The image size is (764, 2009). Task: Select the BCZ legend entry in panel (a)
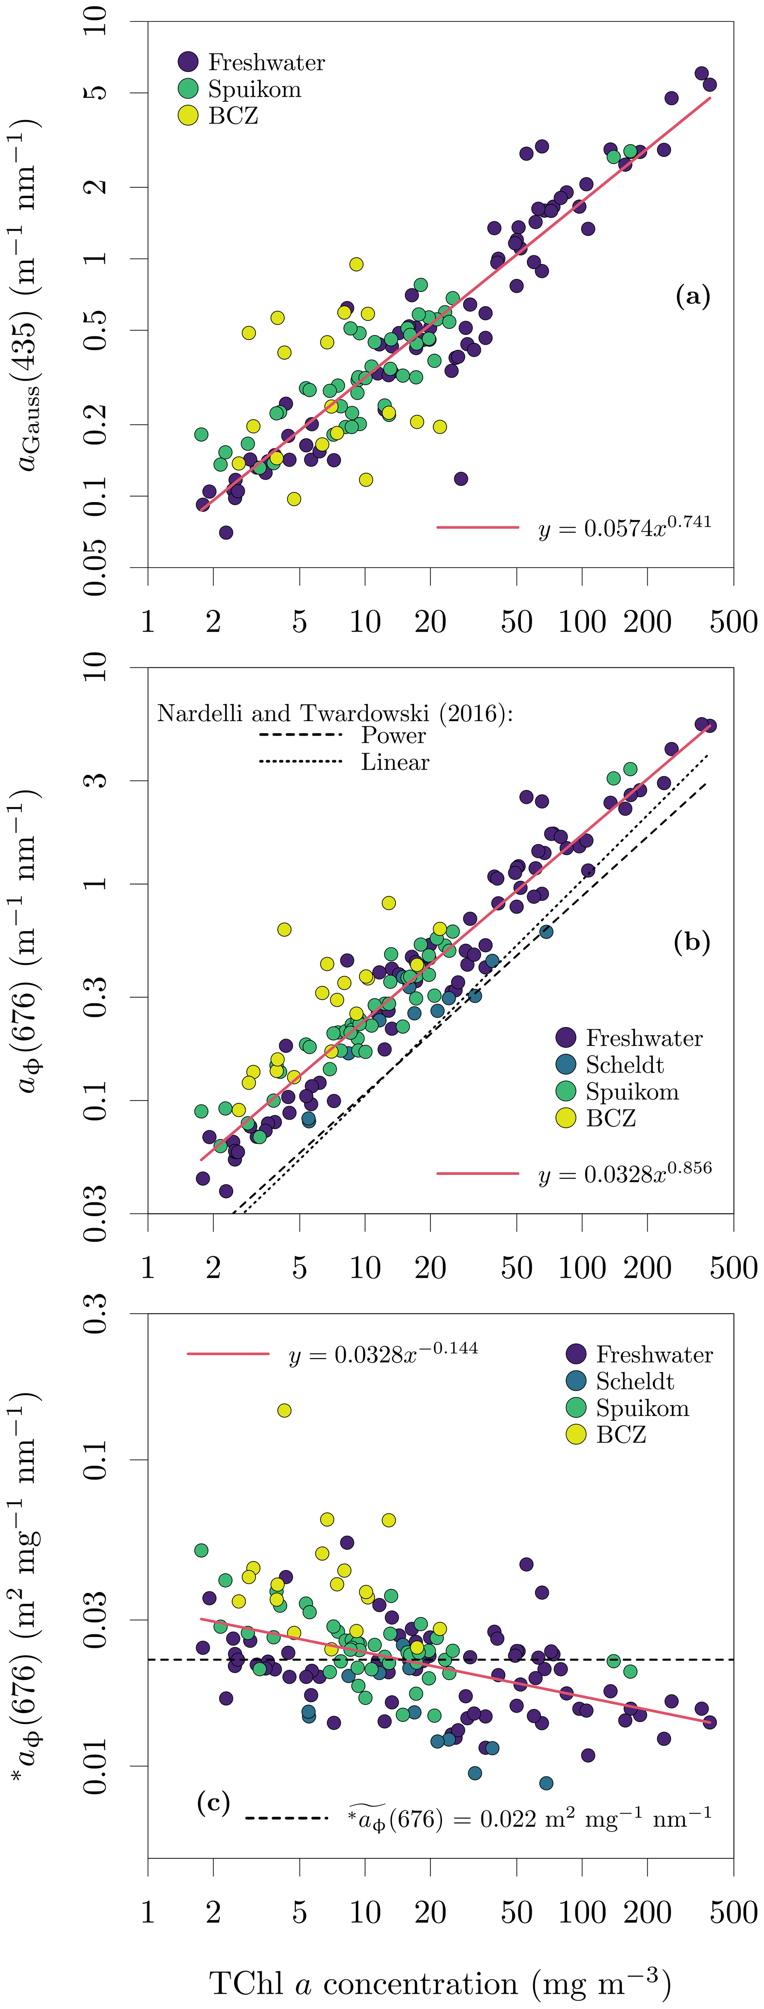pyautogui.click(x=232, y=116)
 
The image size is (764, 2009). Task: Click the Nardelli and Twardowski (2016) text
pyautogui.click(x=335, y=713)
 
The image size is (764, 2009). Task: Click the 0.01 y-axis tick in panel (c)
pyautogui.click(x=95, y=1765)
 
